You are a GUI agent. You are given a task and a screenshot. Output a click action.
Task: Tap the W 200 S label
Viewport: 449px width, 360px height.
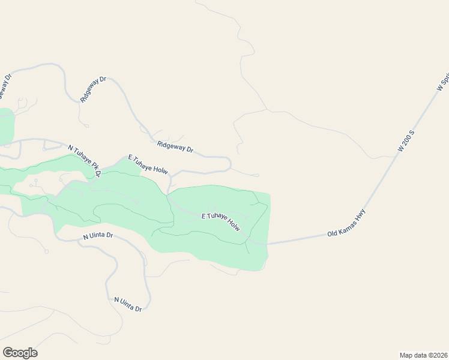click(407, 139)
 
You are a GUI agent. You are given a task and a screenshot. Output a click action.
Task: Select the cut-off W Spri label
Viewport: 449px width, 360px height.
click(444, 81)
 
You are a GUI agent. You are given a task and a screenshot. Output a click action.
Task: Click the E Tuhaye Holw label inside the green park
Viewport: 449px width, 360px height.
click(220, 221)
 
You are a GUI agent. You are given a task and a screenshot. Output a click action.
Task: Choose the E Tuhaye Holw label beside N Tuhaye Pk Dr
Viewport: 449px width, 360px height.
click(147, 164)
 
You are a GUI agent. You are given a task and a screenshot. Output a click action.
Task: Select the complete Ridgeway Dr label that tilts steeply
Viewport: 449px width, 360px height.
click(93, 89)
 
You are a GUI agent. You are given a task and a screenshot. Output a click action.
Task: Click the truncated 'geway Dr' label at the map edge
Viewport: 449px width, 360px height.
click(5, 86)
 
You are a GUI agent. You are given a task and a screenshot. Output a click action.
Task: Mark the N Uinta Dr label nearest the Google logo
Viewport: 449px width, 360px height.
click(128, 304)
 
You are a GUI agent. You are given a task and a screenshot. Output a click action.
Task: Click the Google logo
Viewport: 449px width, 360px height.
click(20, 353)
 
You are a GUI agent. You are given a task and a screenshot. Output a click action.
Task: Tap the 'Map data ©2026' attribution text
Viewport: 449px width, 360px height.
click(423, 355)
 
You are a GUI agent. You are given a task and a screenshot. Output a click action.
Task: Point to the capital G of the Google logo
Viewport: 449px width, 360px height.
click(7, 352)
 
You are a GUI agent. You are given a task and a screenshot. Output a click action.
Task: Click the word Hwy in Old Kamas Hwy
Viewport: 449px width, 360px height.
click(358, 217)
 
